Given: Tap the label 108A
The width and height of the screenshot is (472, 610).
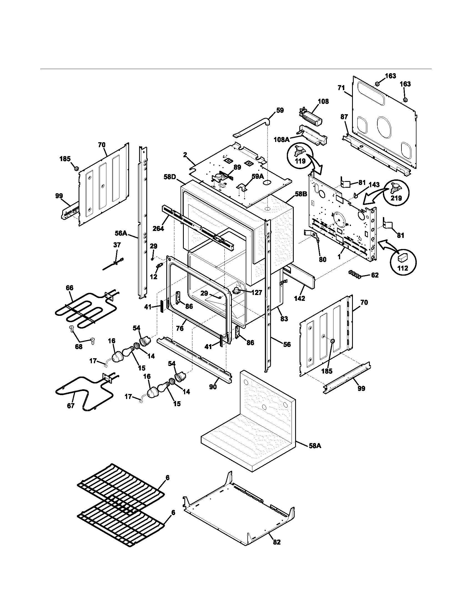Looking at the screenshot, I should coord(282,139).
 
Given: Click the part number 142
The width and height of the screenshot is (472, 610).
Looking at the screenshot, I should coord(300,298).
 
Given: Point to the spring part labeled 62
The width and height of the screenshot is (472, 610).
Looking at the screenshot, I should coord(355,274).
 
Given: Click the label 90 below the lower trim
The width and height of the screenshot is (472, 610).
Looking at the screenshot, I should coord(213,387).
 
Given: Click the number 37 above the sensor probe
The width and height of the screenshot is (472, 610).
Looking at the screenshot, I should coord(117,245).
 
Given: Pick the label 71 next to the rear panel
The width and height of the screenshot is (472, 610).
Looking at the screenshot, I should coord(341,88).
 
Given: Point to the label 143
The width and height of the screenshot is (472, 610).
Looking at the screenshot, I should coord(374,185).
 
